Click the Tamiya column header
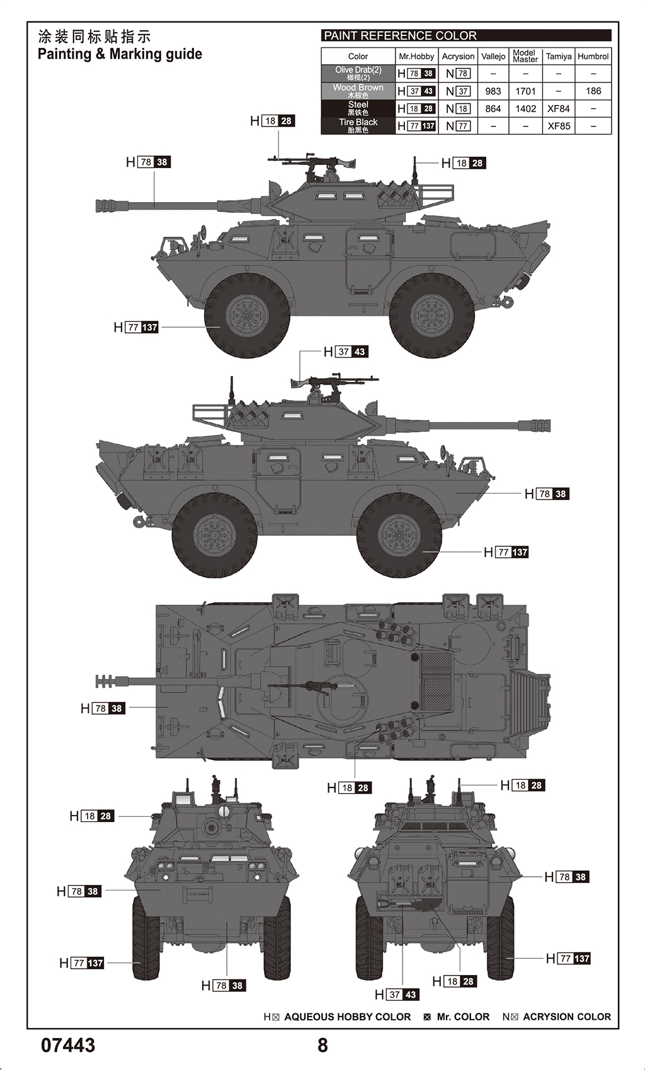point(559,56)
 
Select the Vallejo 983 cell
point(493,91)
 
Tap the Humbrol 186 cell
point(593,91)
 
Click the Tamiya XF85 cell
point(559,126)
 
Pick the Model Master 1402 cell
point(525,109)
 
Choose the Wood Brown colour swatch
point(358,91)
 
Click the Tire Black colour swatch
point(358,126)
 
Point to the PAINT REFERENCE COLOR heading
point(401,36)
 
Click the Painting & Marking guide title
point(120,54)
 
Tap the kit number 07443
point(68,1045)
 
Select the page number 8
point(322,1045)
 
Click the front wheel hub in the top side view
point(247,315)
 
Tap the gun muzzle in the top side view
point(102,205)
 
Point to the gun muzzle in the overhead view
point(103,681)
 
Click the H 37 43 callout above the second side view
point(346,352)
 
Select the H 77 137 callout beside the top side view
point(136,327)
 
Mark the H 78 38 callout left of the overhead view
point(103,709)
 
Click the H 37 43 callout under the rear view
point(397,994)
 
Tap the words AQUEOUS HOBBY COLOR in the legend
point(347,1016)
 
